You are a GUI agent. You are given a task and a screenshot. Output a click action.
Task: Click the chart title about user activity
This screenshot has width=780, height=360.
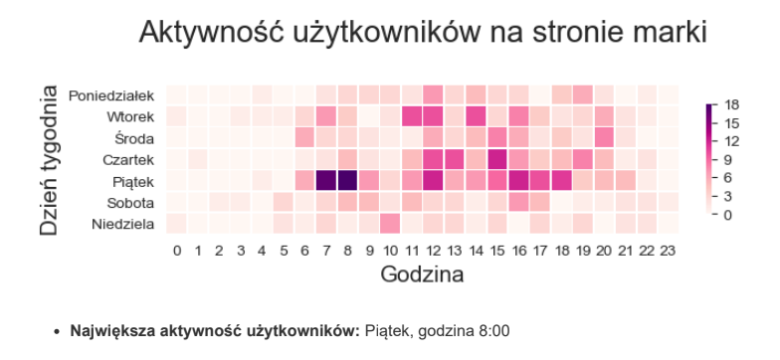click(x=422, y=32)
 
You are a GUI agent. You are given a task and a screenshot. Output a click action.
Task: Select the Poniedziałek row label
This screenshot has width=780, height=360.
click(x=111, y=95)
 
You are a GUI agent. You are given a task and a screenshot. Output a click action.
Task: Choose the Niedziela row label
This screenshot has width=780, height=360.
click(x=121, y=224)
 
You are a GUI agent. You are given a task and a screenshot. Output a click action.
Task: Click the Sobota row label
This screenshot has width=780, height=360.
click(x=129, y=203)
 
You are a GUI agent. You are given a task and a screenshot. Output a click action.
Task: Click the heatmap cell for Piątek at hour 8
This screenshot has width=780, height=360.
click(x=347, y=180)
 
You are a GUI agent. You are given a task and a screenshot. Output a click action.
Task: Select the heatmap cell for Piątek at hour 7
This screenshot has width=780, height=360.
click(x=326, y=180)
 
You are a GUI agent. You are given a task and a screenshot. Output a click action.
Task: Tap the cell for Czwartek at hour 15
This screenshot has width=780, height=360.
click(x=497, y=159)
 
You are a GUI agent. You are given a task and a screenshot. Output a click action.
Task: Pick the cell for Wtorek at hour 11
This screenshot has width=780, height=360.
click(x=412, y=116)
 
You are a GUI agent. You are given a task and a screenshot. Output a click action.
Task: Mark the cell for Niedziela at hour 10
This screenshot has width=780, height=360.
click(x=390, y=223)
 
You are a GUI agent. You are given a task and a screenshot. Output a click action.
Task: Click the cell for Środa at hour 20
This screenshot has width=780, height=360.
click(x=604, y=137)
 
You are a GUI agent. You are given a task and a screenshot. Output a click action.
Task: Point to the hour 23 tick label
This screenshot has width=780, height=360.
click(x=669, y=251)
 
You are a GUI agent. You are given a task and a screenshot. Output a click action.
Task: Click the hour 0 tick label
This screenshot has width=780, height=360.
click(x=177, y=251)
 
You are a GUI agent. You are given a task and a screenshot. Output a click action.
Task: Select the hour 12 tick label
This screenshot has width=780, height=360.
click(x=433, y=251)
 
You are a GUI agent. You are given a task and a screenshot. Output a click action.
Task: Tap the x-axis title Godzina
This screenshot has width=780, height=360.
click(x=422, y=274)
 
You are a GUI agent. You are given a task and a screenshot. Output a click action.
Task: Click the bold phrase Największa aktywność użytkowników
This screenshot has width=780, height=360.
click(x=214, y=329)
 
